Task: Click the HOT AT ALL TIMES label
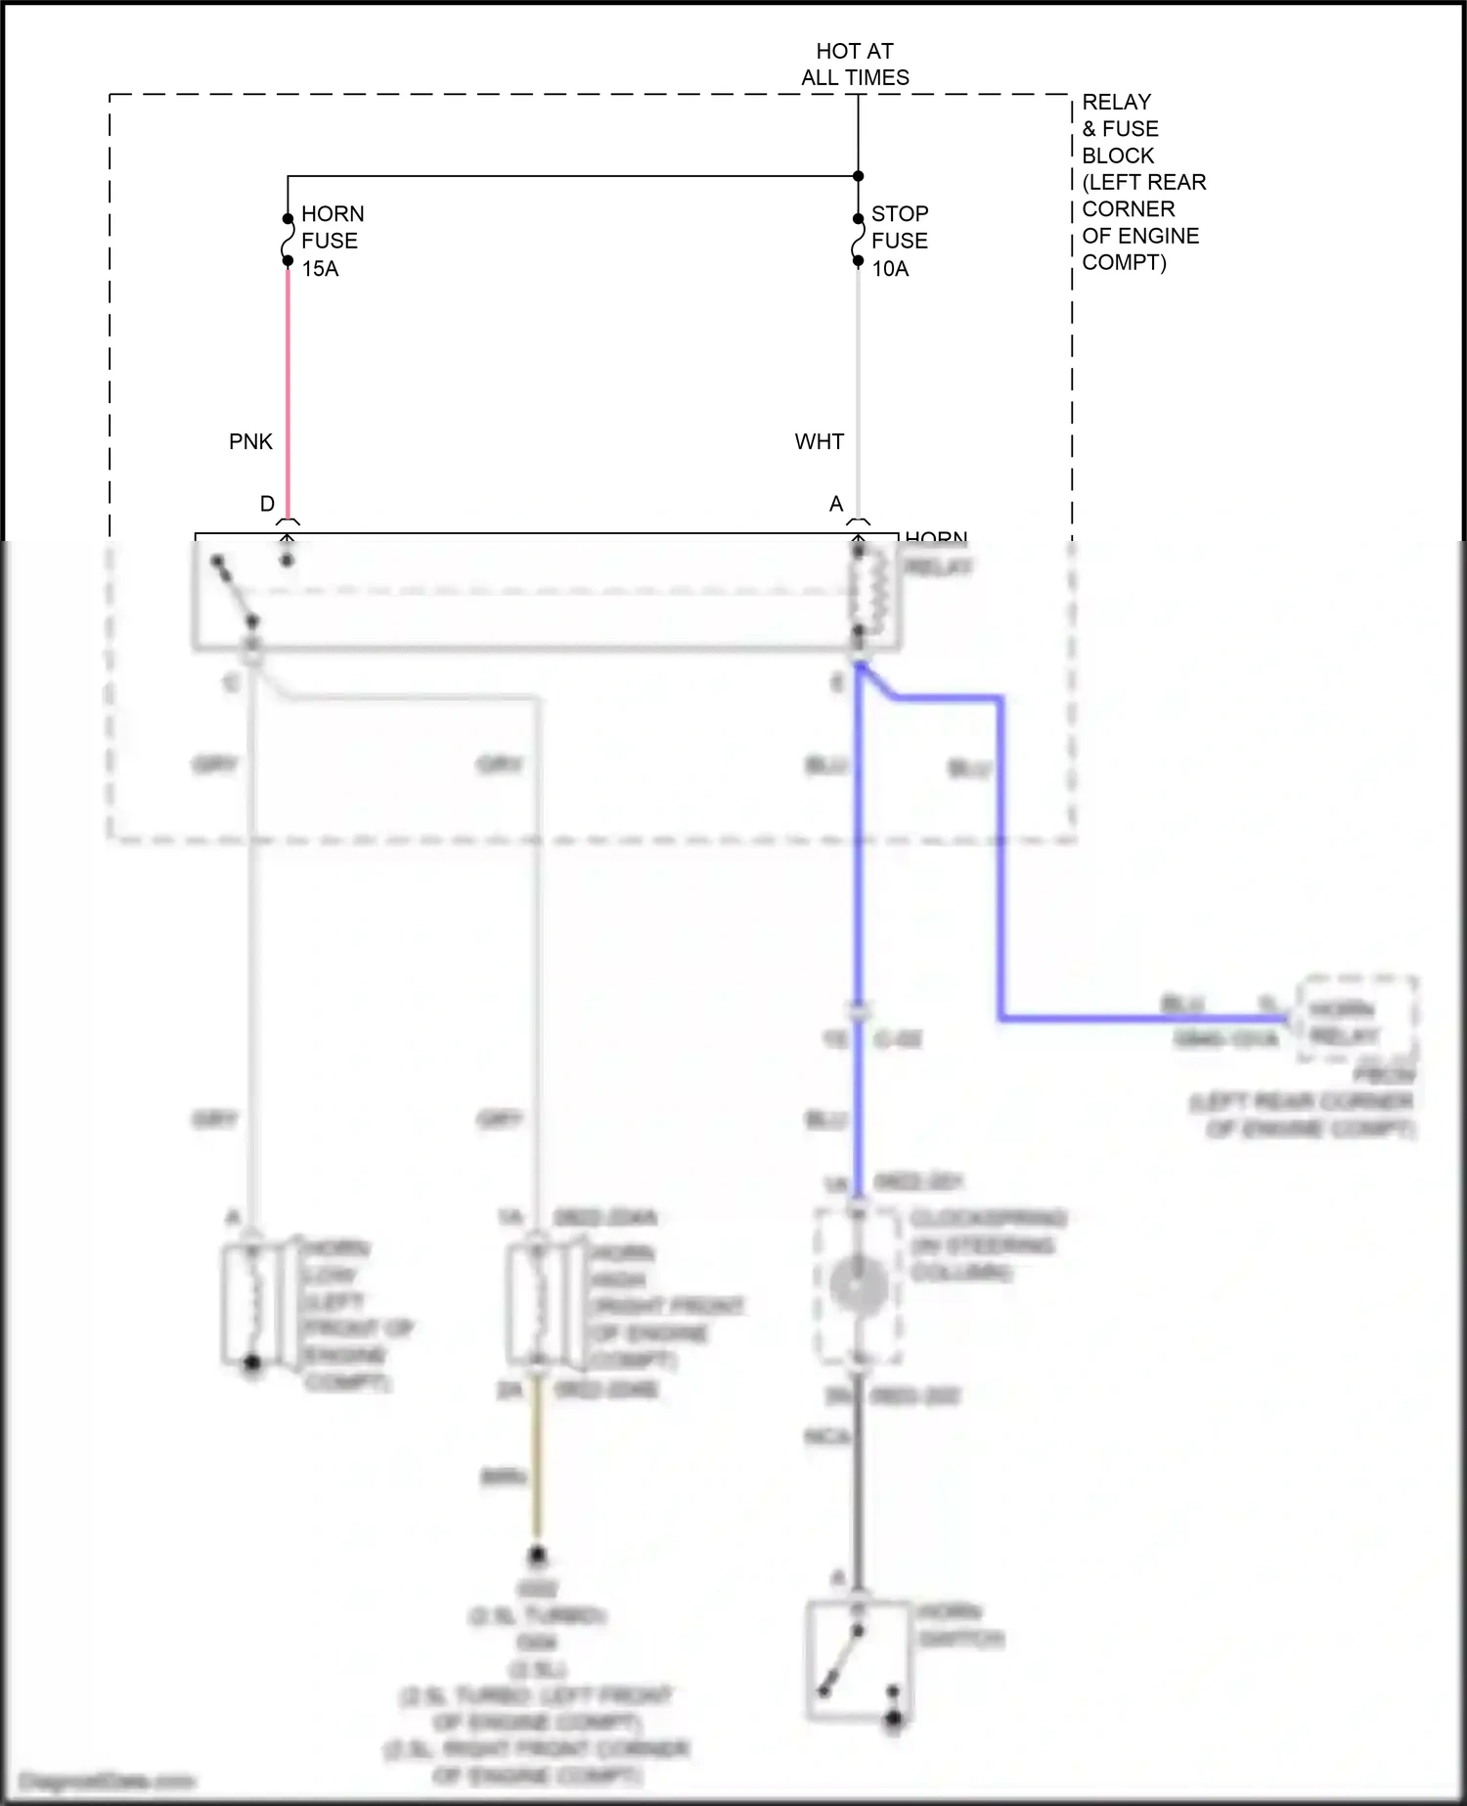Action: [x=855, y=65]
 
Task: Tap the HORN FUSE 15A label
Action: [x=332, y=241]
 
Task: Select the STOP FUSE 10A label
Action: [x=899, y=241]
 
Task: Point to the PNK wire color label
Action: [x=250, y=442]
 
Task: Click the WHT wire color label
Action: [x=819, y=442]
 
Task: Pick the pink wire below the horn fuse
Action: [x=288, y=391]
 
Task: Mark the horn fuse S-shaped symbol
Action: [x=288, y=239]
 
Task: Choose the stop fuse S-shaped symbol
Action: [x=858, y=240]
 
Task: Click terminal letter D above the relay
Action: [x=267, y=504]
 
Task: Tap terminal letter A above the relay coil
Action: [x=836, y=504]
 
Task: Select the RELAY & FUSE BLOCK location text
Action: [x=1142, y=182]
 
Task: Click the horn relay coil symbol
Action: [x=872, y=591]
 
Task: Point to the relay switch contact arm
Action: [x=236, y=591]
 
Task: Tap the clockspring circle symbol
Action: [x=858, y=1284]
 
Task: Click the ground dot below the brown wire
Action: [x=537, y=1555]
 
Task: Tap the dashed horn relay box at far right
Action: [x=1356, y=1019]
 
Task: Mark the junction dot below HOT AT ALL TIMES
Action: [x=858, y=176]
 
